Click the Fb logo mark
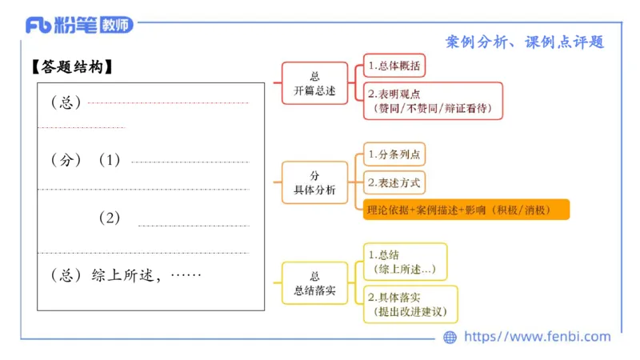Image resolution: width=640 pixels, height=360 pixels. pyautogui.click(x=38, y=25)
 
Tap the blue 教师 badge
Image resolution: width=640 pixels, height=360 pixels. pyautogui.click(x=116, y=25)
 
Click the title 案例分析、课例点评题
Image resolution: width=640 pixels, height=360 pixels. pyautogui.click(x=524, y=42)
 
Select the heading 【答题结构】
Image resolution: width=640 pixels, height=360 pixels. pyautogui.click(x=72, y=67)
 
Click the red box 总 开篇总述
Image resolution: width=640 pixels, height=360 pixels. pyautogui.click(x=314, y=83)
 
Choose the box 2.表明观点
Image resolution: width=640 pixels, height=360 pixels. pyautogui.click(x=433, y=101)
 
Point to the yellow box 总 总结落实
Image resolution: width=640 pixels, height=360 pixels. pyautogui.click(x=314, y=282)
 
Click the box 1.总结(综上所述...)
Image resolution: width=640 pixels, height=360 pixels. pyautogui.click(x=405, y=262)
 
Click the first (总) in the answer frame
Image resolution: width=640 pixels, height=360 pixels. pyautogui.click(x=66, y=103)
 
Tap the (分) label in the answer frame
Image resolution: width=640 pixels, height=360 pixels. pyautogui.click(x=66, y=160)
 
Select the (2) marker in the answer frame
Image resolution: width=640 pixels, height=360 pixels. pyautogui.click(x=110, y=218)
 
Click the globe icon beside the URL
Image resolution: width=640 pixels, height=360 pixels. pyautogui.click(x=450, y=337)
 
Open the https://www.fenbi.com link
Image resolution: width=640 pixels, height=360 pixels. pyautogui.click(x=537, y=337)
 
